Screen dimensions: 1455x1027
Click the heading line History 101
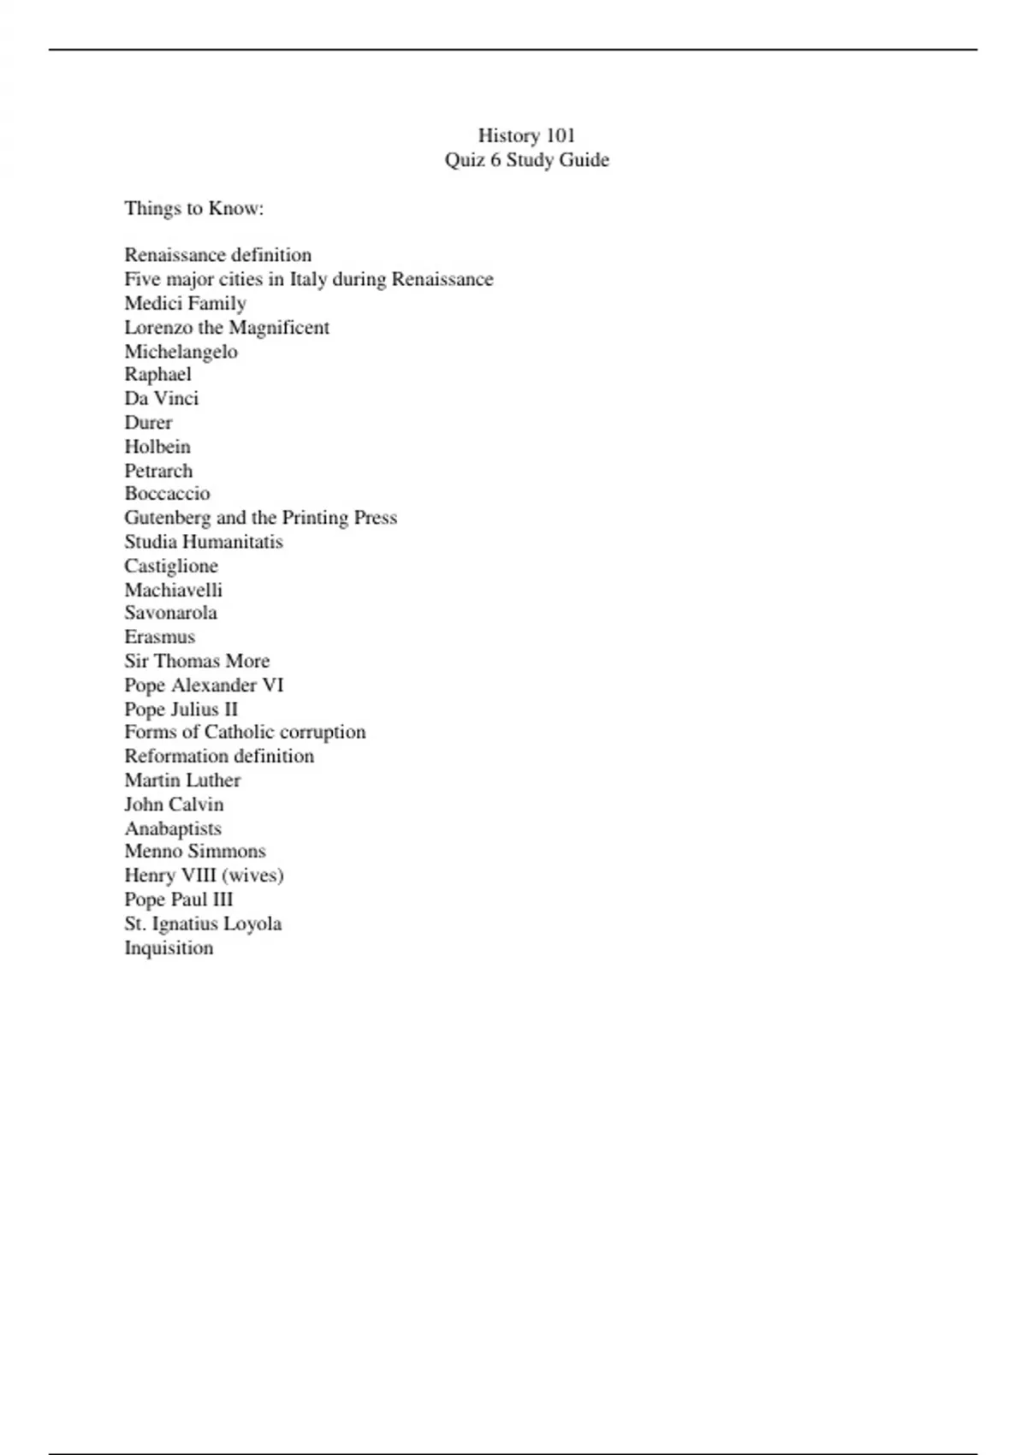click(526, 135)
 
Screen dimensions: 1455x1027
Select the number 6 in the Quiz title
click(496, 160)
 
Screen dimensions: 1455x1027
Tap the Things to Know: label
click(193, 208)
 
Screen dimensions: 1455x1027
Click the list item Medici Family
click(185, 303)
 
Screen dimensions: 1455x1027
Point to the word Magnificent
click(279, 327)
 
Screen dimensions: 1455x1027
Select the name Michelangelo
click(181, 351)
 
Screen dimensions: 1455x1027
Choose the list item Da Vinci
click(161, 398)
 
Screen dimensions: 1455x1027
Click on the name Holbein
click(157, 446)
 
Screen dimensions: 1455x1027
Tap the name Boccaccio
click(167, 493)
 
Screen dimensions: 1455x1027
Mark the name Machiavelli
click(173, 590)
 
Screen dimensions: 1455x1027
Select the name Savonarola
click(170, 613)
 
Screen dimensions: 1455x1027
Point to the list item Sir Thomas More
click(197, 661)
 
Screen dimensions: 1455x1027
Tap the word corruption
click(323, 732)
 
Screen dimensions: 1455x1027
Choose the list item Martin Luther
click(182, 780)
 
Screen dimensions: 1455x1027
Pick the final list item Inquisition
click(169, 947)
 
